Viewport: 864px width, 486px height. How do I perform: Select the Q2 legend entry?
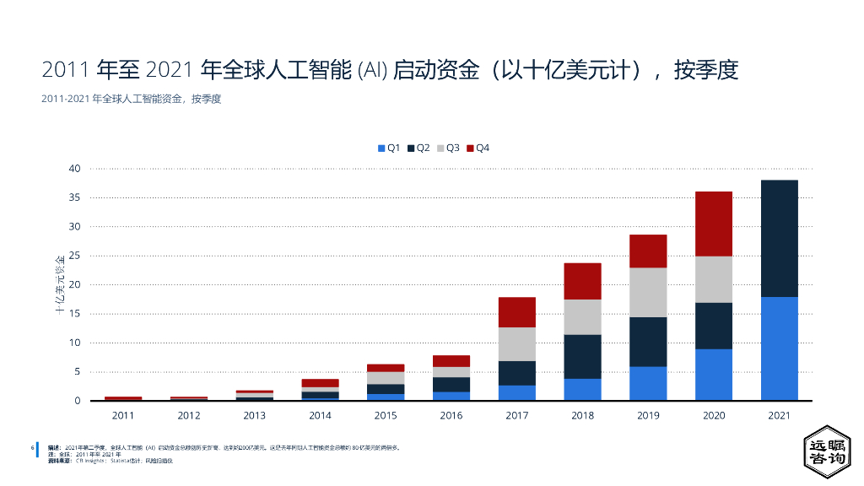(418, 148)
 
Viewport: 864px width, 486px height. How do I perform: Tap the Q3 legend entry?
(448, 148)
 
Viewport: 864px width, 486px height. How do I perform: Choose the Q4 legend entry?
(478, 148)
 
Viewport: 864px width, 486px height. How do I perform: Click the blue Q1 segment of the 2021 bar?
(779, 348)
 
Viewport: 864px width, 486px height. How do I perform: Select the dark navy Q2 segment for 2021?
(779, 238)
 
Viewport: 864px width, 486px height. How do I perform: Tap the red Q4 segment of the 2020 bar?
(714, 224)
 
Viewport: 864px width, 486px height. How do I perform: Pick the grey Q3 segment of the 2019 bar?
(648, 292)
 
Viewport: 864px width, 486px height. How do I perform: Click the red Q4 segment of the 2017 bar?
(517, 312)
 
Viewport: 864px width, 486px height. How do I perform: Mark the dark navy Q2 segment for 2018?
(582, 356)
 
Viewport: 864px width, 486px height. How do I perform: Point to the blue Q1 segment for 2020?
(714, 375)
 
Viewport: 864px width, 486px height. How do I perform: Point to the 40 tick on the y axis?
(74, 169)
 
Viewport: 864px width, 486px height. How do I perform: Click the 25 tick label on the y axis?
(74, 256)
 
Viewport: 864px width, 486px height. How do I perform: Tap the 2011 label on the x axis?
(123, 415)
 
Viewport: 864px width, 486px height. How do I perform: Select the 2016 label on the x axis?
(451, 415)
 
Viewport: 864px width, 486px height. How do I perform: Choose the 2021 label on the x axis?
(779, 415)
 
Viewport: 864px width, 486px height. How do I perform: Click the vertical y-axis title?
(60, 283)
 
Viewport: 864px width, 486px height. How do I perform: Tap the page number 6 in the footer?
(31, 447)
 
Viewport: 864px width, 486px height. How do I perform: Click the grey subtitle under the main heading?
(131, 99)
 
